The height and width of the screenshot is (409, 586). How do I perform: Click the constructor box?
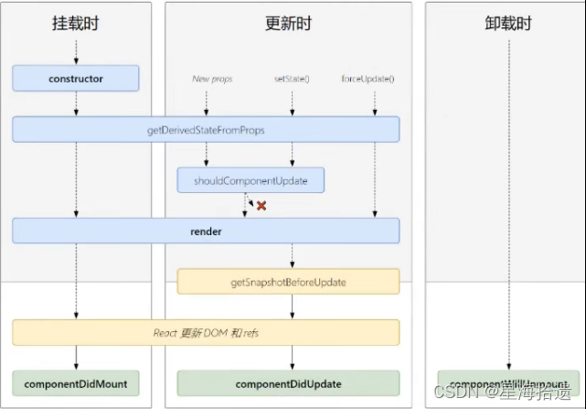pos(76,79)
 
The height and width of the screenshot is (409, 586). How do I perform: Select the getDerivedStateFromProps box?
pos(206,130)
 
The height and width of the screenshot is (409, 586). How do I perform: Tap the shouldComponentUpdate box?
pos(250,180)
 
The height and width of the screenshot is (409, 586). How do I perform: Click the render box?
pos(206,231)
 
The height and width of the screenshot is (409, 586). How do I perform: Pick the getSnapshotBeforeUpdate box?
pos(288,282)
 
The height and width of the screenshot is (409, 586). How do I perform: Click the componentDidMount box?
pos(76,383)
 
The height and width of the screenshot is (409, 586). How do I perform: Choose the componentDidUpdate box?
pos(288,383)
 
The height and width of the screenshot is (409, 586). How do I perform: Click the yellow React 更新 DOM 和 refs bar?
pos(206,333)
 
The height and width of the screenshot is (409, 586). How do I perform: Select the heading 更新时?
pos(289,24)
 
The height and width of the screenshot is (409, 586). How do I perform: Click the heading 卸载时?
pos(508,24)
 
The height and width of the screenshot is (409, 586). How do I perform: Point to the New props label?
pos(212,79)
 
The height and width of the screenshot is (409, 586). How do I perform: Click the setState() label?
pos(292,79)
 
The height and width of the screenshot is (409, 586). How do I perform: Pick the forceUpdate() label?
pos(368,79)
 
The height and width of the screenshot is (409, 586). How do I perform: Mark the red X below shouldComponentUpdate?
pos(261,206)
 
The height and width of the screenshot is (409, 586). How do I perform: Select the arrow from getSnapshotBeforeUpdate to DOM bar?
pos(292,307)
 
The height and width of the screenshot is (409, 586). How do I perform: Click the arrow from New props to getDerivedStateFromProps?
pos(212,100)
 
